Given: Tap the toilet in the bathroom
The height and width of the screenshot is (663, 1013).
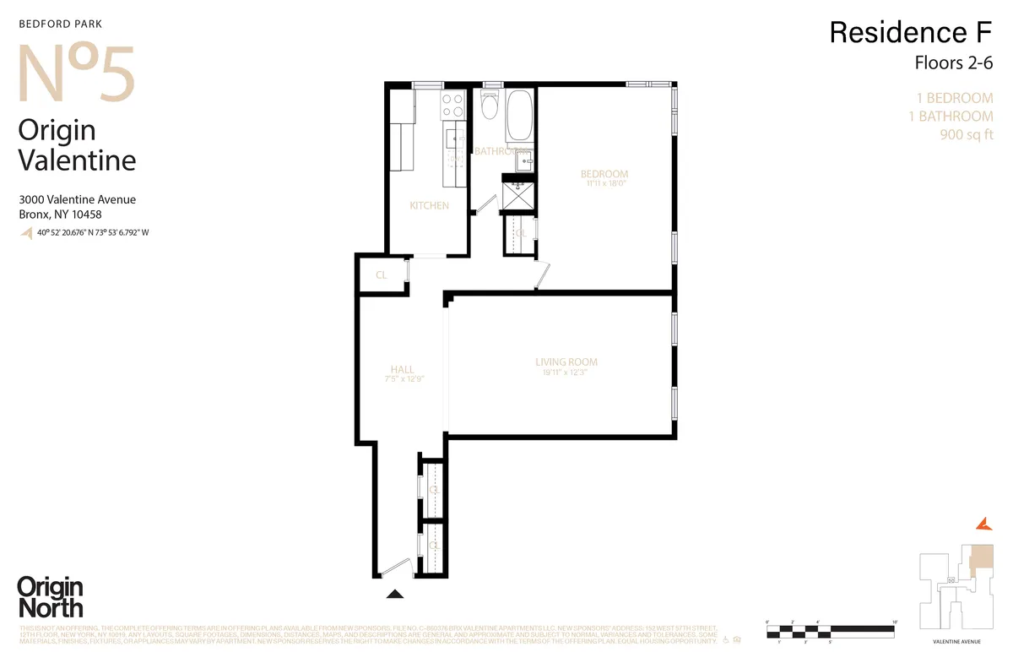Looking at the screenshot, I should [488, 107].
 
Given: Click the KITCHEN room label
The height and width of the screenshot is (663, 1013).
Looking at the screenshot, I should [429, 206].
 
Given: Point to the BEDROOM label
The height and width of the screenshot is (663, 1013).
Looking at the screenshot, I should [604, 175].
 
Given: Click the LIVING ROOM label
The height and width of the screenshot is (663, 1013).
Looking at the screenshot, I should [566, 362].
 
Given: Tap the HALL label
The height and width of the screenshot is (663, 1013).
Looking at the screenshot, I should [402, 369].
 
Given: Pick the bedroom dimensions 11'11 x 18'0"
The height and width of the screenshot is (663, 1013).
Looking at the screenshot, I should [604, 183].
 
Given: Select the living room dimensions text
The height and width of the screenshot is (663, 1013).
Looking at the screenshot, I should [566, 372].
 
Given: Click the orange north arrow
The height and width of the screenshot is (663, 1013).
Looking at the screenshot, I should [983, 524].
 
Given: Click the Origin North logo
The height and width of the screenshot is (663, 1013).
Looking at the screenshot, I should [50, 597].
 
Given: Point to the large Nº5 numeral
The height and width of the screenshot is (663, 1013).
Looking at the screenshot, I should [76, 73].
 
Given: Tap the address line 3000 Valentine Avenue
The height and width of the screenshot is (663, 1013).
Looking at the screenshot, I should [77, 200].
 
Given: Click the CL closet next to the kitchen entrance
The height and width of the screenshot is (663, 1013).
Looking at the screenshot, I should [382, 274].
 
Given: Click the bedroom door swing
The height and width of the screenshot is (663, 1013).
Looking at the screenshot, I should [542, 274].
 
